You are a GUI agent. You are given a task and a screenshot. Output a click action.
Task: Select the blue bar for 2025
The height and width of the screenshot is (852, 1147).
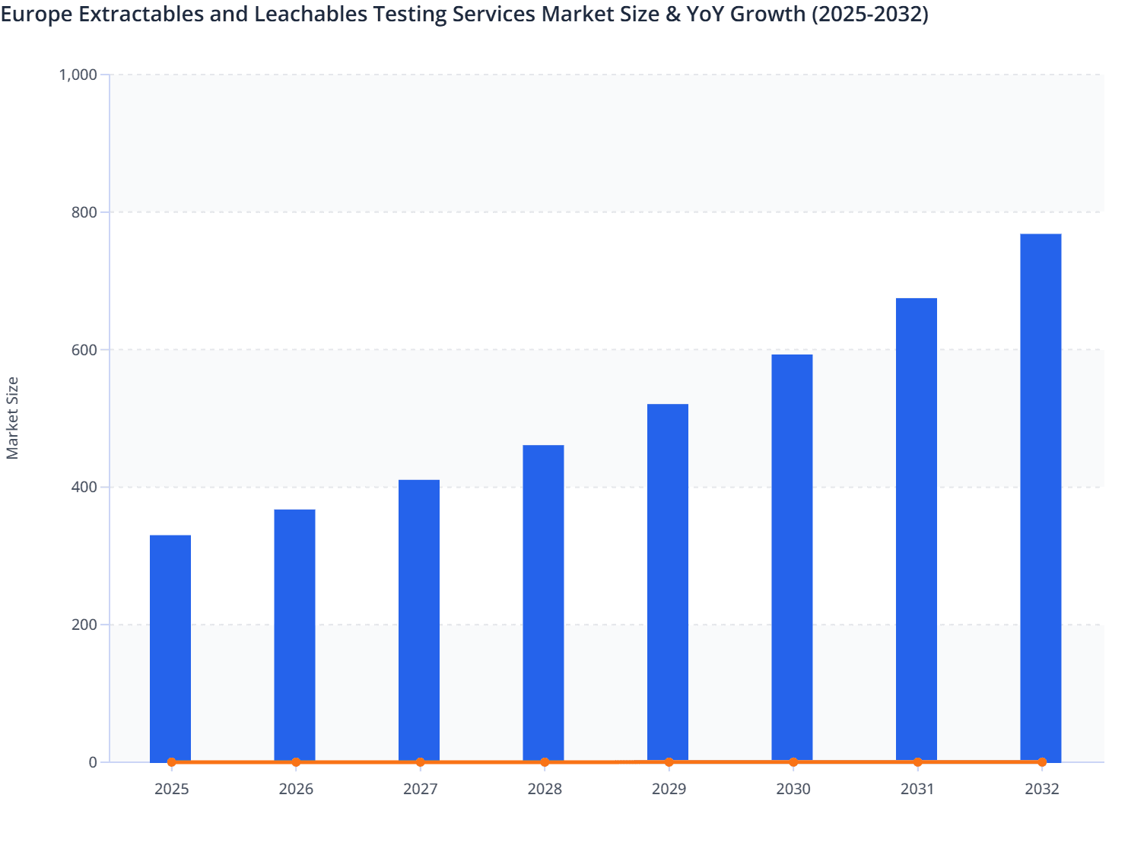coord(170,647)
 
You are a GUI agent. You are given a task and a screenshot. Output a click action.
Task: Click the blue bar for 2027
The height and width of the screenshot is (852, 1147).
coord(419,619)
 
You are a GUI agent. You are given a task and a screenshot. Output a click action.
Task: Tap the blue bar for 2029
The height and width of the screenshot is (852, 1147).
coord(668,581)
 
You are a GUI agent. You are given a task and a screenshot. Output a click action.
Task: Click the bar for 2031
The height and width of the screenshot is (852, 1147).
coord(917,529)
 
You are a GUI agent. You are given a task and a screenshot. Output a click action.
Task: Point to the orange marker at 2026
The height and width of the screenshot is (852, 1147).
coord(296,762)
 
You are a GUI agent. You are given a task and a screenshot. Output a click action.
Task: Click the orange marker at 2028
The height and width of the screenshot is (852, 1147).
coord(545,762)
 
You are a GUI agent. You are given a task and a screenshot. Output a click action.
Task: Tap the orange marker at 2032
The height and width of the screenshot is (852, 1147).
coord(1042,762)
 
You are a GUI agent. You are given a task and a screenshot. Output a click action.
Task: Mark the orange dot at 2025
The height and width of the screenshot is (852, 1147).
coord(171,762)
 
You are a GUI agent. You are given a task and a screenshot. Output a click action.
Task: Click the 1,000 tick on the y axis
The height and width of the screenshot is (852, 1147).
coord(78,75)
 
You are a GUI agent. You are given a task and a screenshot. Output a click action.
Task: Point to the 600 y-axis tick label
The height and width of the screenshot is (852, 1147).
coord(85,350)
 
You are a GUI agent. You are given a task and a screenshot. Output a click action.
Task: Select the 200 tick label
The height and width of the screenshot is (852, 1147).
coord(85,625)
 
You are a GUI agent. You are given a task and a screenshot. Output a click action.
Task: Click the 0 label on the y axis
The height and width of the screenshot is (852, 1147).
coord(93,762)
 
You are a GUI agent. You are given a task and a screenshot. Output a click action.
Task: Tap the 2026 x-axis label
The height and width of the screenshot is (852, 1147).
coord(296,789)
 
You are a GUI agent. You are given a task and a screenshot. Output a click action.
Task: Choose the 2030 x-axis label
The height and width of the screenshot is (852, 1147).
coord(793,789)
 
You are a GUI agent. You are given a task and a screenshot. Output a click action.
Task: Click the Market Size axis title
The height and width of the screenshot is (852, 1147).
coord(12,418)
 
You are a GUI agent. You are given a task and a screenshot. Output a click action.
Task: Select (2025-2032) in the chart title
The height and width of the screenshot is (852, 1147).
coord(869,14)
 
